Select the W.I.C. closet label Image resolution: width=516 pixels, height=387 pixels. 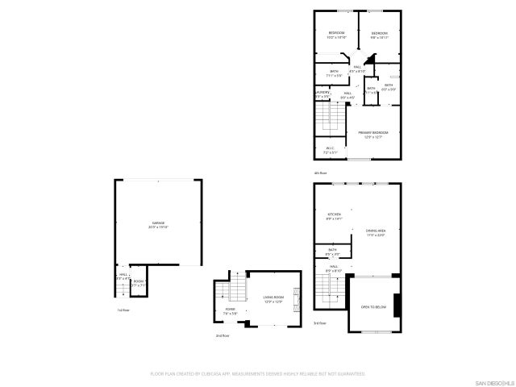pyautogui.click(x=330, y=149)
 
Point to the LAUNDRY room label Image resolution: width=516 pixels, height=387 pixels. pyautogui.click(x=322, y=94)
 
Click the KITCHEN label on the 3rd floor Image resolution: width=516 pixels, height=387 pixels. pyautogui.click(x=334, y=215)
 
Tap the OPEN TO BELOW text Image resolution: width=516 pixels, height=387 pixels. pyautogui.click(x=372, y=307)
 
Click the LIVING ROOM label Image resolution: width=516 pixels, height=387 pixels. pyautogui.click(x=274, y=299)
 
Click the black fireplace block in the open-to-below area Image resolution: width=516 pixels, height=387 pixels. pyautogui.click(x=396, y=305)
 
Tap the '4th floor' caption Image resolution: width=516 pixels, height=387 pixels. pyautogui.click(x=320, y=173)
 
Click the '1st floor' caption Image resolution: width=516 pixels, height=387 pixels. pyautogui.click(x=123, y=310)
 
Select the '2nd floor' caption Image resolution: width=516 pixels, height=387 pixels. pyautogui.click(x=222, y=335)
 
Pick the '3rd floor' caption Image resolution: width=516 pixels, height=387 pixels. pyautogui.click(x=320, y=322)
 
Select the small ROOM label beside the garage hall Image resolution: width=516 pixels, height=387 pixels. pyautogui.click(x=139, y=282)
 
